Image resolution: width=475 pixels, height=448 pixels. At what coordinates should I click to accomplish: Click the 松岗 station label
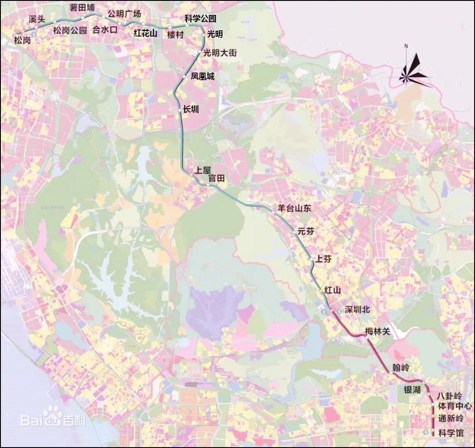[22, 40]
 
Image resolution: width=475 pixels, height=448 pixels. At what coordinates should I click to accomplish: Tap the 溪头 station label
[37, 19]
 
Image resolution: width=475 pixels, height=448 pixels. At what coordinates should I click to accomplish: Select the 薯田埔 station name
[82, 8]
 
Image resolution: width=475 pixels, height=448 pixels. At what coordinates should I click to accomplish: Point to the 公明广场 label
[124, 14]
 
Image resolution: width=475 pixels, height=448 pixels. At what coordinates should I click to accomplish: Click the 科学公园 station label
[200, 18]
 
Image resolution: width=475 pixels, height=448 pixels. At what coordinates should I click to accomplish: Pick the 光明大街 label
[220, 53]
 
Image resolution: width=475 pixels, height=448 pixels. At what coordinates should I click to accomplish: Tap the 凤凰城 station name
[203, 77]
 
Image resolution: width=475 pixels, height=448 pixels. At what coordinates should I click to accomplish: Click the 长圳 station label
[191, 109]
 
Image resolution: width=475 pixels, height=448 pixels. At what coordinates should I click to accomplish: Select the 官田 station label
[216, 178]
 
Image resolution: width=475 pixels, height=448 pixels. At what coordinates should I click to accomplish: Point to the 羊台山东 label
[294, 209]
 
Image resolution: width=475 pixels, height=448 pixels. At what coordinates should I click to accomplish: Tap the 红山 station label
[332, 290]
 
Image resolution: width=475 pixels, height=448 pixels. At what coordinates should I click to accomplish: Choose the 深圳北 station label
[358, 310]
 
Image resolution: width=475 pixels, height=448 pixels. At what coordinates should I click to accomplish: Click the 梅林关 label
[377, 331]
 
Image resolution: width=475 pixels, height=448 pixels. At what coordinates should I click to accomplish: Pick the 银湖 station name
[412, 390]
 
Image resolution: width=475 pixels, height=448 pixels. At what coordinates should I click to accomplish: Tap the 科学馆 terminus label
[451, 433]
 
